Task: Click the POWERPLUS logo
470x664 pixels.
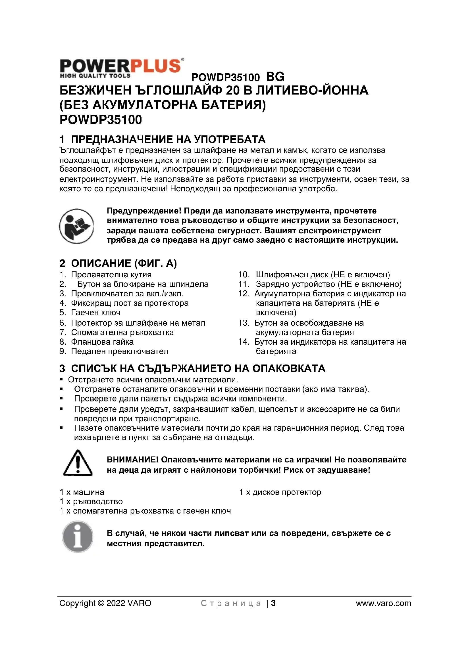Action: [x=121, y=68]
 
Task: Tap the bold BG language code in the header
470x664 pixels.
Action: [x=275, y=77]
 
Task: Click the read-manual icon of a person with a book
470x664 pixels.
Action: [x=76, y=226]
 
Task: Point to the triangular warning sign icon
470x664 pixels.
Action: [x=78, y=463]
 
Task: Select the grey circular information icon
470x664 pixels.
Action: [x=78, y=537]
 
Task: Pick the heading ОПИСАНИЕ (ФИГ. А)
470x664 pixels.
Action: [x=118, y=263]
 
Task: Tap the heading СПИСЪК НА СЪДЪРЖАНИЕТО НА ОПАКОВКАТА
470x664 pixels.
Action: [x=192, y=368]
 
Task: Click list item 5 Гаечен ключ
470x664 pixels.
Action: [x=90, y=313]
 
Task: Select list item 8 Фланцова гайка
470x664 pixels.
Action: [x=96, y=342]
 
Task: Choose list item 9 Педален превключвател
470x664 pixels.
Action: [x=114, y=351]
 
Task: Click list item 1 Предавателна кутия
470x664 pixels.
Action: [x=106, y=275]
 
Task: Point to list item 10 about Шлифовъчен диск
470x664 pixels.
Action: [x=314, y=275]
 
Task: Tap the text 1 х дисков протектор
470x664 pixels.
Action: [x=280, y=492]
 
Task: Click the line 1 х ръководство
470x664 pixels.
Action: [x=91, y=501]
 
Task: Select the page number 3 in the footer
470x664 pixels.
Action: [x=273, y=603]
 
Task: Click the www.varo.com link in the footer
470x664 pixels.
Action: [x=383, y=604]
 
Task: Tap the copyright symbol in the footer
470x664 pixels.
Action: [x=101, y=604]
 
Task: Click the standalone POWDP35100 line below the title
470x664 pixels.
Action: [x=101, y=120]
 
